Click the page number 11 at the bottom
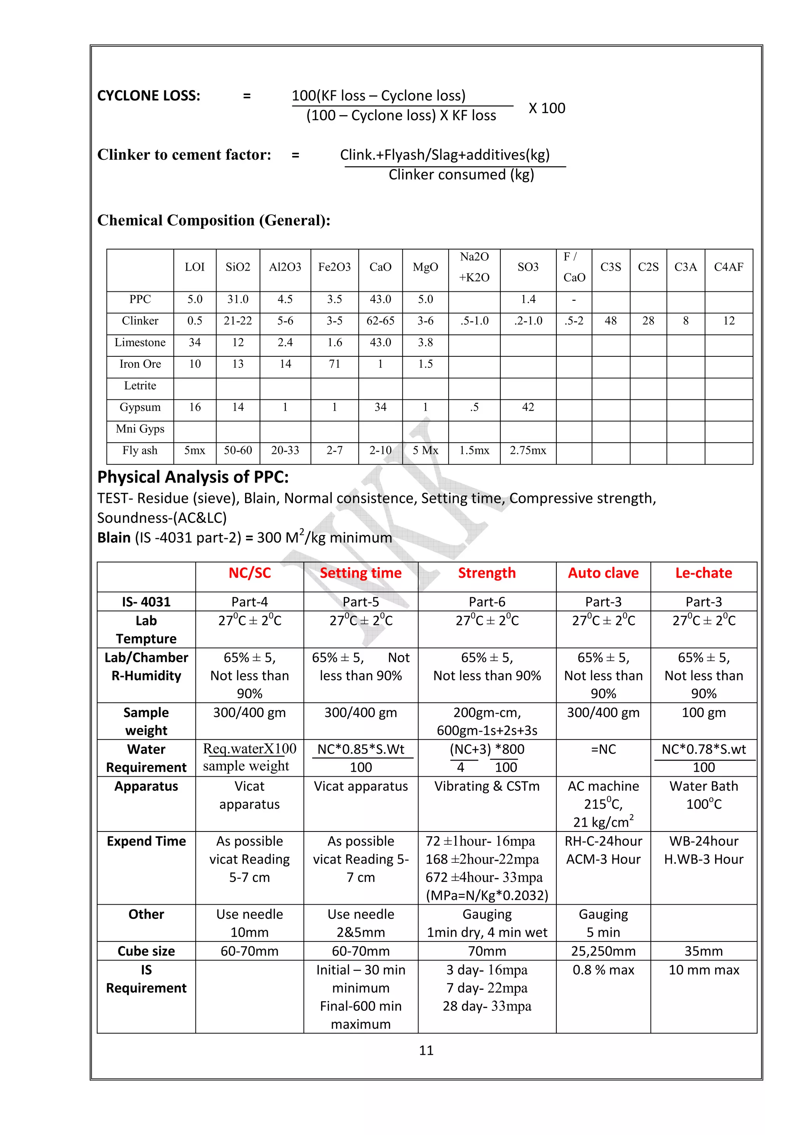426,1050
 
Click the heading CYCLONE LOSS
149,96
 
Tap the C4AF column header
728,267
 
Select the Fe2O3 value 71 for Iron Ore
334,364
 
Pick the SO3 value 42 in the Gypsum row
528,407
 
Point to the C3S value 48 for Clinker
610,321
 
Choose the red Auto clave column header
603,573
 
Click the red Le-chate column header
703,573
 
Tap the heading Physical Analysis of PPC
193,477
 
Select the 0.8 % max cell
603,970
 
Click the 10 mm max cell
703,970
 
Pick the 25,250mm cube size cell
603,951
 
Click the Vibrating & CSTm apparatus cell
487,786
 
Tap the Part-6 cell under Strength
487,602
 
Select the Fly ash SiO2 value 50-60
238,450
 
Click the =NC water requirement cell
603,749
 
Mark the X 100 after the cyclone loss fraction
547,108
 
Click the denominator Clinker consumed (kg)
461,175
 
